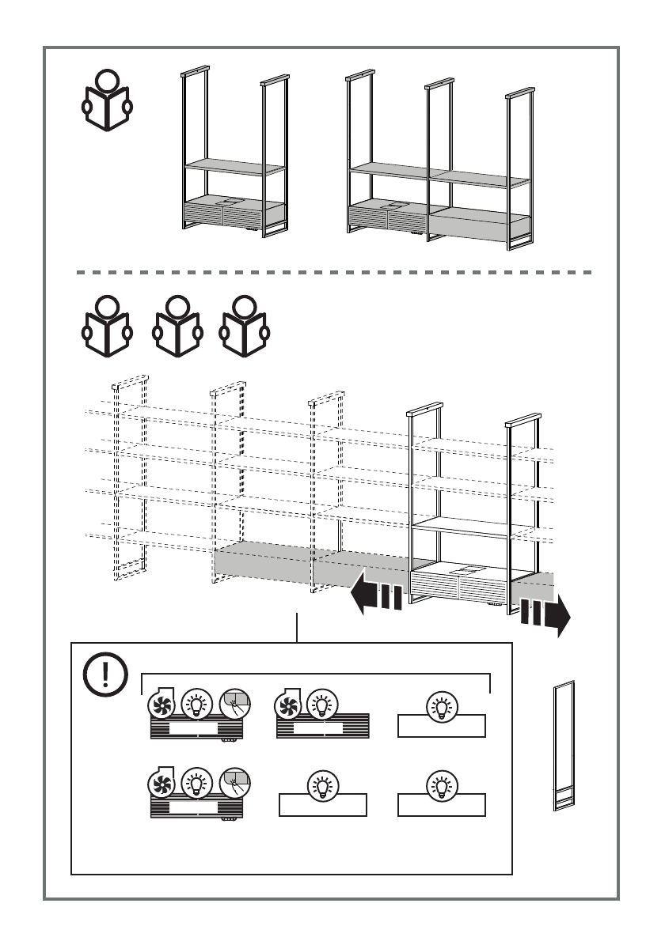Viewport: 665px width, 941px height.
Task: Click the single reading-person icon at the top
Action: tap(108, 101)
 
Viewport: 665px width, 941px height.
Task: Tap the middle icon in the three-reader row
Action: tap(175, 325)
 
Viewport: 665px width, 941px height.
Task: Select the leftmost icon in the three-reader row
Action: tap(108, 325)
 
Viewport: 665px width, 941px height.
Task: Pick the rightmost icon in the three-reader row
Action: tap(243, 325)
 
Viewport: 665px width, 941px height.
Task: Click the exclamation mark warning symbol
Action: tap(102, 675)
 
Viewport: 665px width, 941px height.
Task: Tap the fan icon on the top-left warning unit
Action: tap(163, 704)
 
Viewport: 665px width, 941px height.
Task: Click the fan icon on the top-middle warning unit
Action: tap(289, 704)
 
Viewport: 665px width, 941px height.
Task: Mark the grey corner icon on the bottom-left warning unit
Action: tap(234, 784)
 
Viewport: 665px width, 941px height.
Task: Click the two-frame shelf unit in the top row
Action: tap(233, 154)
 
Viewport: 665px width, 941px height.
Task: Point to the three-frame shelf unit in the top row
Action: tap(439, 162)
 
